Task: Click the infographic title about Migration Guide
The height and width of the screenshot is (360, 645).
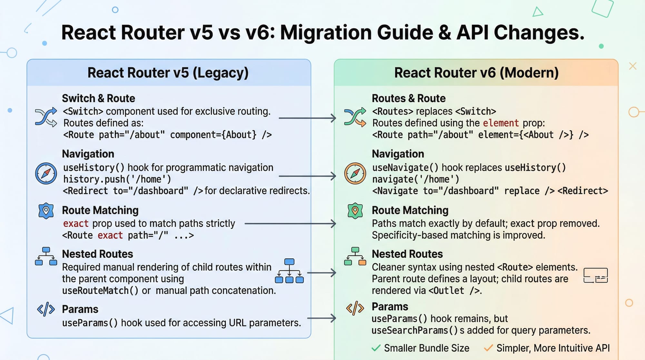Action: [322, 33]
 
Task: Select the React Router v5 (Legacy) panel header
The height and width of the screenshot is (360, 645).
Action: [168, 73]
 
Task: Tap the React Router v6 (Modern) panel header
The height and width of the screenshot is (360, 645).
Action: [476, 73]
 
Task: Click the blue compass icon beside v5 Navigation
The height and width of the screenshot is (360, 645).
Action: [46, 173]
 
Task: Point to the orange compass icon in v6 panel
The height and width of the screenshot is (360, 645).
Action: [355, 173]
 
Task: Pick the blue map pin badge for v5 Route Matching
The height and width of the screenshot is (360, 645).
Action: [46, 211]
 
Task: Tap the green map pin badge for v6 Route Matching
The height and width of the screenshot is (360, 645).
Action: [355, 211]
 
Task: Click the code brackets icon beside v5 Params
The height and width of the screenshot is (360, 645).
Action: [46, 309]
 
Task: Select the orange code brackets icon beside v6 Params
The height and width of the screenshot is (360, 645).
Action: [355, 308]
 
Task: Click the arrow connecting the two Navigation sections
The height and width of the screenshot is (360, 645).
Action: [307, 176]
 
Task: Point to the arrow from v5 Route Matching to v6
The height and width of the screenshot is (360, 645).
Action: [290, 224]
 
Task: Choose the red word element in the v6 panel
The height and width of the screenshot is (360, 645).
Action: [501, 123]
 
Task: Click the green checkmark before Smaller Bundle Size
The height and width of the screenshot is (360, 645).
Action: [376, 348]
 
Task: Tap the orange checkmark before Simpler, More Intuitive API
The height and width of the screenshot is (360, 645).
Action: [488, 348]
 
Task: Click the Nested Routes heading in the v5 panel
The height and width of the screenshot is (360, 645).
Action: [97, 254]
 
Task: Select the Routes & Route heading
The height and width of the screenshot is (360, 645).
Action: [409, 98]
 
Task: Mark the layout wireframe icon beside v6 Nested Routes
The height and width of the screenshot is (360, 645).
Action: [596, 275]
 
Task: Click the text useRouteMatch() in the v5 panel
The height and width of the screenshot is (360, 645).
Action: [100, 291]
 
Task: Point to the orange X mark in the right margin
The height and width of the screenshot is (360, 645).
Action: [632, 66]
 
